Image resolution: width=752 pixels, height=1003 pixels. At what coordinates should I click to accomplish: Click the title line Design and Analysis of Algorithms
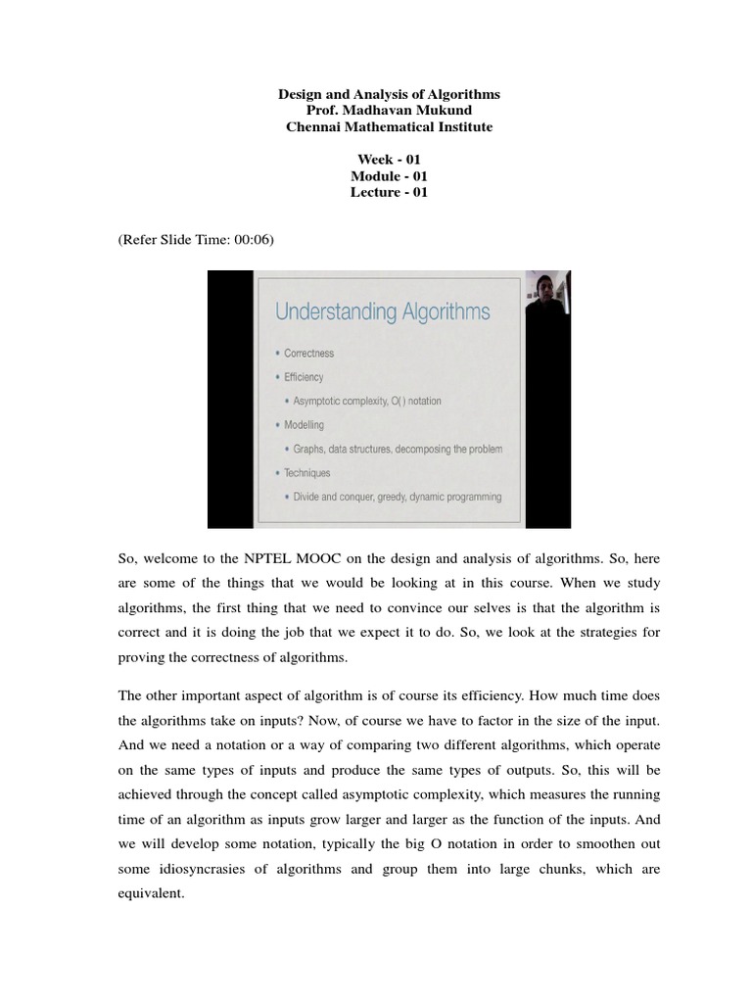(x=389, y=94)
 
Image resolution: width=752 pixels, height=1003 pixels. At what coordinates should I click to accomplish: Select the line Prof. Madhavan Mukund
(x=389, y=111)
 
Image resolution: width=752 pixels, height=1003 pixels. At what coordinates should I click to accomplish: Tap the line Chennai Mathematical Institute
(x=389, y=127)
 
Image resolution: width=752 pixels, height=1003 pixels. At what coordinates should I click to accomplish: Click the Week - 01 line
(x=389, y=160)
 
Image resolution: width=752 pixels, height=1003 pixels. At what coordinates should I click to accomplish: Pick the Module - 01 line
(x=389, y=176)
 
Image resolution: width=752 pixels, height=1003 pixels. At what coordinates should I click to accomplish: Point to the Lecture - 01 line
(x=389, y=193)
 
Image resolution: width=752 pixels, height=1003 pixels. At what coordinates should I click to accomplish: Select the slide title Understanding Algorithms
(x=383, y=312)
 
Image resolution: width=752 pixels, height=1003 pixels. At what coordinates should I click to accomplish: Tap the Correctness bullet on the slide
(x=308, y=353)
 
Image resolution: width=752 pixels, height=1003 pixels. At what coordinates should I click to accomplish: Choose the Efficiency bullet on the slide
(x=304, y=377)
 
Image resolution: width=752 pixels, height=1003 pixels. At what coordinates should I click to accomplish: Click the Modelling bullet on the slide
(x=304, y=425)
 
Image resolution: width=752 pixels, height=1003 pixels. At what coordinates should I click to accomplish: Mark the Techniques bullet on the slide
(x=306, y=473)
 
